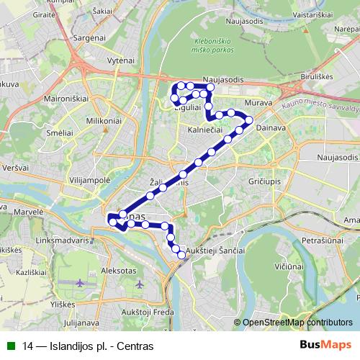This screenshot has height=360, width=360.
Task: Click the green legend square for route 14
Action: tap(10, 346)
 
